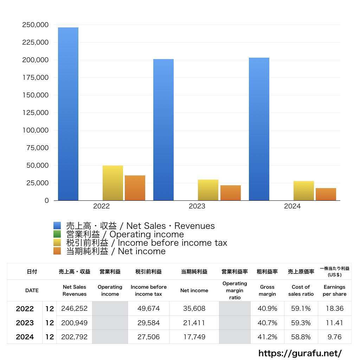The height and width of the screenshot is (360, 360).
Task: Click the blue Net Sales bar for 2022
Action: tap(68, 114)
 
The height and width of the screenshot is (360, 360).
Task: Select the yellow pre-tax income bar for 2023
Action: tap(208, 190)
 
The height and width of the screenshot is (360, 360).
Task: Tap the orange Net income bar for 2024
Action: tap(326, 194)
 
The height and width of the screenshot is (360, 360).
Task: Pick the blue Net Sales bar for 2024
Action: tap(259, 129)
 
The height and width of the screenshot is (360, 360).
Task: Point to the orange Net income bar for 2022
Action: tap(135, 188)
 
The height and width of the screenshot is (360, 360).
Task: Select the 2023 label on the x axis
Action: tap(197, 206)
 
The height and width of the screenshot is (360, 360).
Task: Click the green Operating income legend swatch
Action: tap(57, 234)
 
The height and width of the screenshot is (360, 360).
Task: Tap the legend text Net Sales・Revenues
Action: tap(140, 226)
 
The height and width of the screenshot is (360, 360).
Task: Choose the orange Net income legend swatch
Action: tap(57, 251)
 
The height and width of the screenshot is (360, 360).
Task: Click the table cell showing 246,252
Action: tap(74, 309)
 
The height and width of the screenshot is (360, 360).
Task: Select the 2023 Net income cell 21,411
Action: tap(194, 323)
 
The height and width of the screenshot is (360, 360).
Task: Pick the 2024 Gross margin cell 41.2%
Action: tap(267, 337)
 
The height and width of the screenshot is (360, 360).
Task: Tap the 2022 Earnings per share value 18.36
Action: tap(334, 309)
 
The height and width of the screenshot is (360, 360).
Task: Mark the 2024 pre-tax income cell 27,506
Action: tap(148, 337)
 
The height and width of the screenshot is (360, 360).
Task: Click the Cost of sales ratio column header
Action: tap(301, 290)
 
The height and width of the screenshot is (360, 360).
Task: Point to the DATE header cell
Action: tap(32, 290)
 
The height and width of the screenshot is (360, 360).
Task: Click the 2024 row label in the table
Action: tap(25, 337)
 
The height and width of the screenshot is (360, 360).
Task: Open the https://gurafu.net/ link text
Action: tap(300, 353)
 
